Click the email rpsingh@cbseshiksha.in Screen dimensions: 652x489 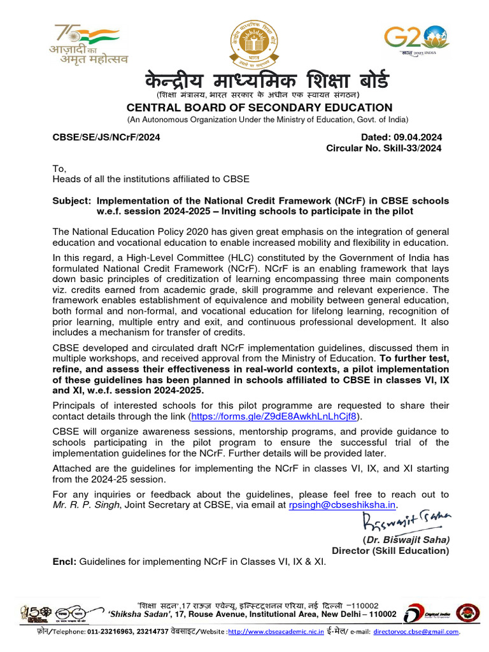[x=343, y=505]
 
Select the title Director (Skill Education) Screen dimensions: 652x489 [x=390, y=551]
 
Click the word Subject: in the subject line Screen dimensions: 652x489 [x=71, y=201]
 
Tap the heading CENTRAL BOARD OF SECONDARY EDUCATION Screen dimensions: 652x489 [x=259, y=108]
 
